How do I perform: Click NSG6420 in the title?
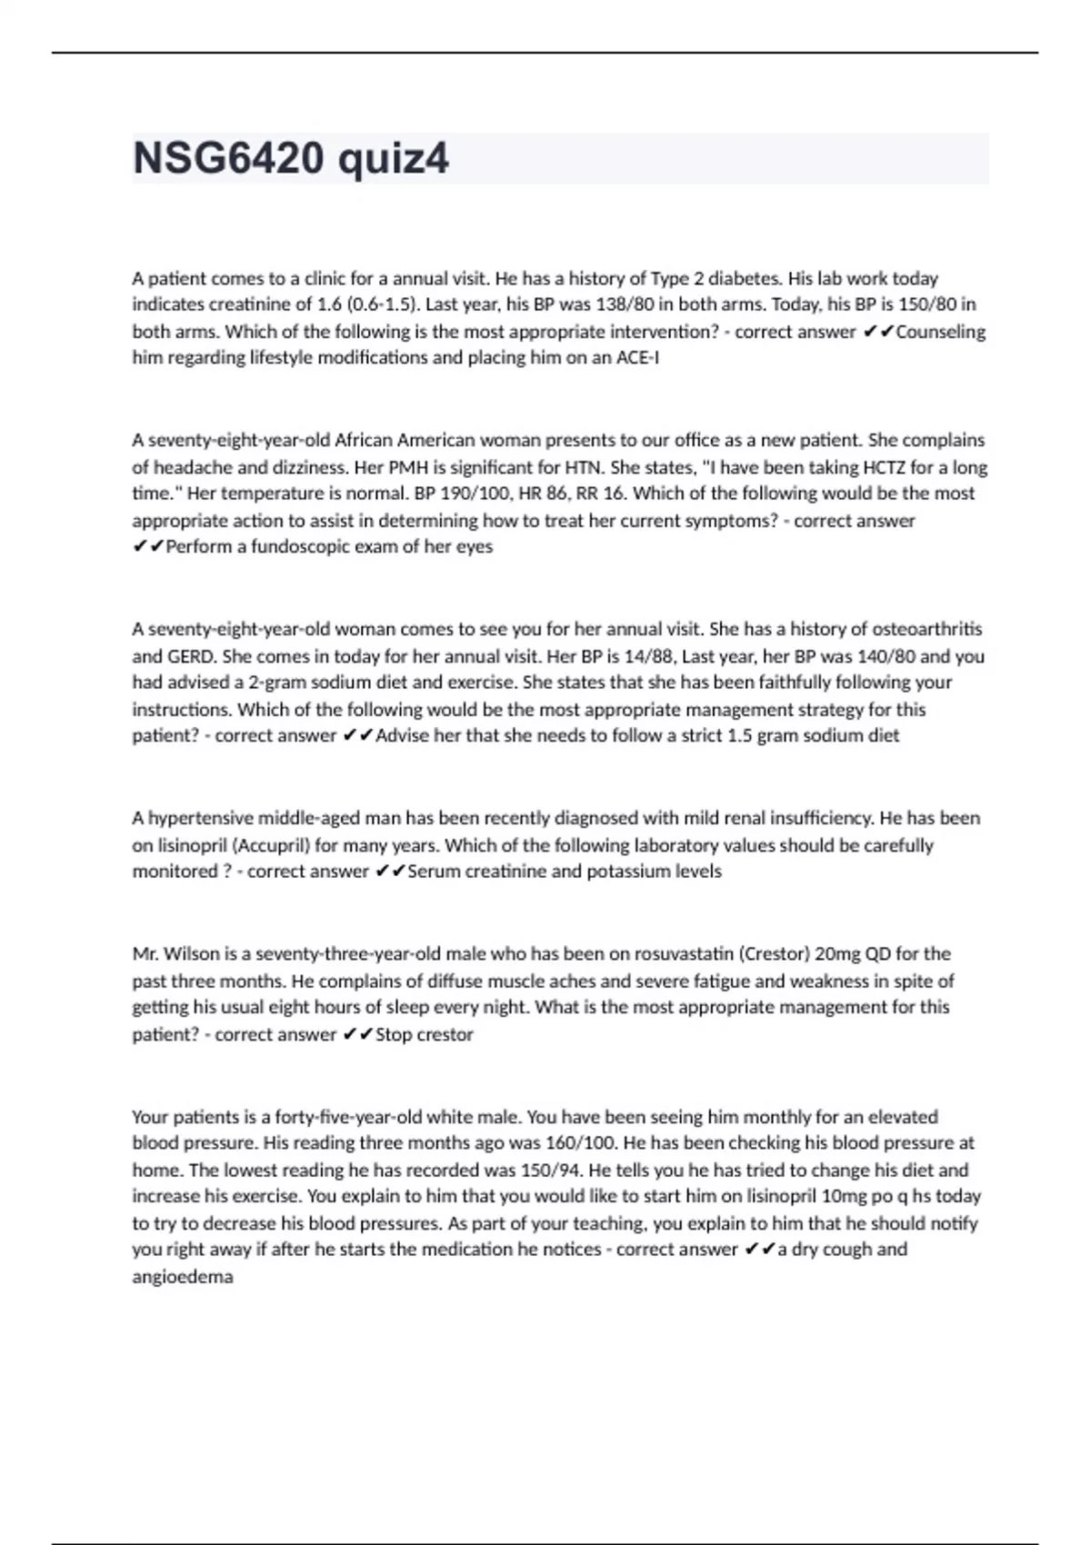point(228,159)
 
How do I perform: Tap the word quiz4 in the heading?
point(393,159)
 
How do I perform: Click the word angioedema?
point(183,1277)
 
